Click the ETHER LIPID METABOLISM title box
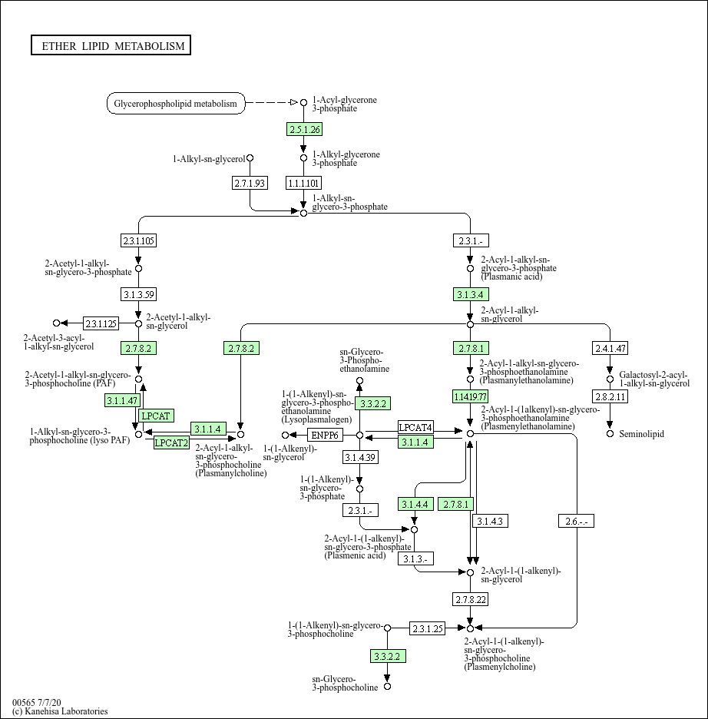point(111,46)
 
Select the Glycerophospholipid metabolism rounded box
point(175,103)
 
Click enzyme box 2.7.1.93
point(250,182)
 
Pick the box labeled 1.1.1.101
point(303,182)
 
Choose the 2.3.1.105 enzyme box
point(138,240)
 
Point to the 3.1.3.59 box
point(138,293)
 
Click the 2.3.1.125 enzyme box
point(101,323)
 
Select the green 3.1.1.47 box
point(122,400)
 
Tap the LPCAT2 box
point(171,442)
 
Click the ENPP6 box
point(324,436)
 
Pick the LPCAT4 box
point(415,427)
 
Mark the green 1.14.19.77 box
point(470,396)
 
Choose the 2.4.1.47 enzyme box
point(610,348)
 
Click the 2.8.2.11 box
point(610,396)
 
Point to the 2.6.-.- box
point(576,522)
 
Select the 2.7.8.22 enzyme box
point(470,598)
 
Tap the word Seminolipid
point(641,434)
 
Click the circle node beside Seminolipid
point(610,434)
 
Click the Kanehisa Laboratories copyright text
point(60,711)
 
